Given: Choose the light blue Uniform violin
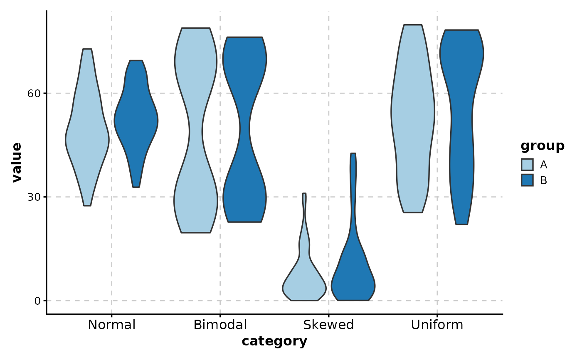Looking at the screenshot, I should click(x=413, y=116).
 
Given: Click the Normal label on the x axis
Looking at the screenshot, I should click(x=112, y=325).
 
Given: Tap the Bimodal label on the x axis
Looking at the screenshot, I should click(x=220, y=325).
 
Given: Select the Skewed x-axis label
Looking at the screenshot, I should click(x=328, y=325).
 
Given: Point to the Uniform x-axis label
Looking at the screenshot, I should click(x=437, y=325).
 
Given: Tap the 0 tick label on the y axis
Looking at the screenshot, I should click(x=37, y=301).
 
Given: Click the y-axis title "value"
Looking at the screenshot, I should click(x=17, y=163).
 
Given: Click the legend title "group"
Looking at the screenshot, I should click(x=543, y=146).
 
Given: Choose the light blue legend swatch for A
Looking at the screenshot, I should click(x=527, y=165).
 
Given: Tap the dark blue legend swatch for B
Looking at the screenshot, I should click(x=527, y=180).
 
